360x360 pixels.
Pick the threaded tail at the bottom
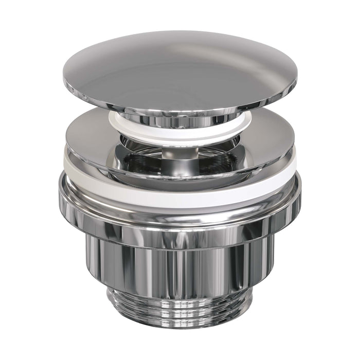180,309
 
